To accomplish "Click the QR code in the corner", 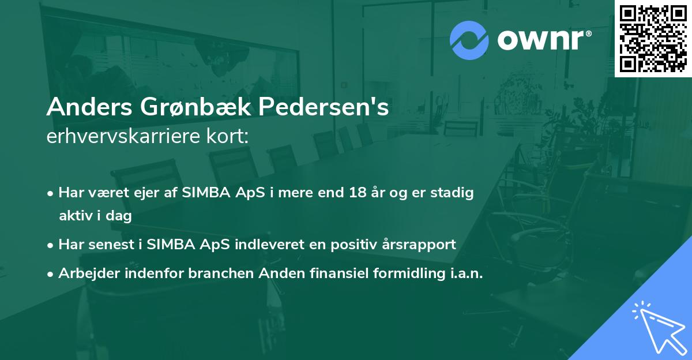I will point(653,39).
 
